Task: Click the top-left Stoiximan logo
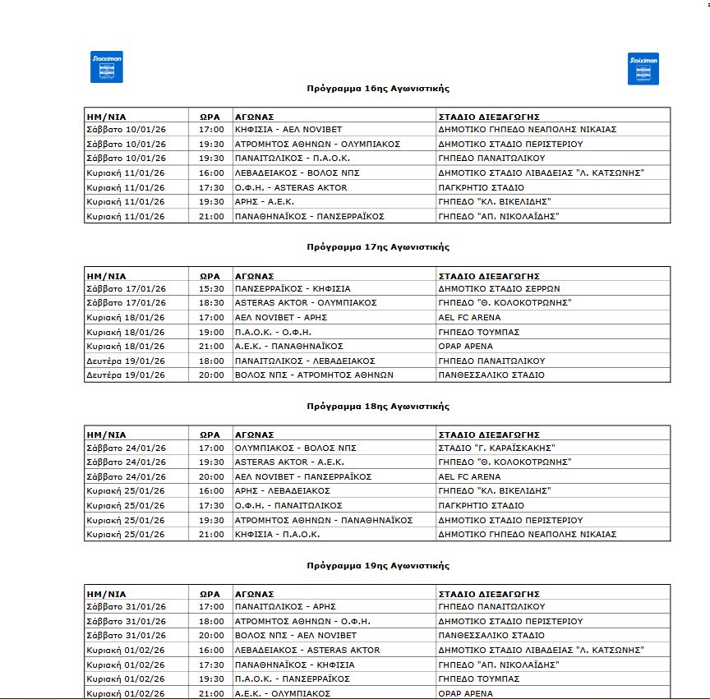[106, 67]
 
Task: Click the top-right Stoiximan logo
[643, 69]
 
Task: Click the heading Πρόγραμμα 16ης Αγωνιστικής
[378, 88]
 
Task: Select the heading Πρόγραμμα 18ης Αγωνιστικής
[378, 407]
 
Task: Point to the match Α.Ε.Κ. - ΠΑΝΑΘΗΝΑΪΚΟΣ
[288, 347]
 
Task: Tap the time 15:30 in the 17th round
[211, 289]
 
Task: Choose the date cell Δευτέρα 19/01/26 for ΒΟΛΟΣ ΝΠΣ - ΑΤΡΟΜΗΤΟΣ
[127, 375]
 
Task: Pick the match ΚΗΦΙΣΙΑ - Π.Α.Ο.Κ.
[277, 535]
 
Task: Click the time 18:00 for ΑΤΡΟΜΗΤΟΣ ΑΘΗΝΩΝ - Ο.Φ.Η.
[211, 622]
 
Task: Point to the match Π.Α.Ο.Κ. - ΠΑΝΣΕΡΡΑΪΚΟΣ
[293, 679]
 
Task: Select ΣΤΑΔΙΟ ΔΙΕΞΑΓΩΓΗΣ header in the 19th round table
[489, 594]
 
